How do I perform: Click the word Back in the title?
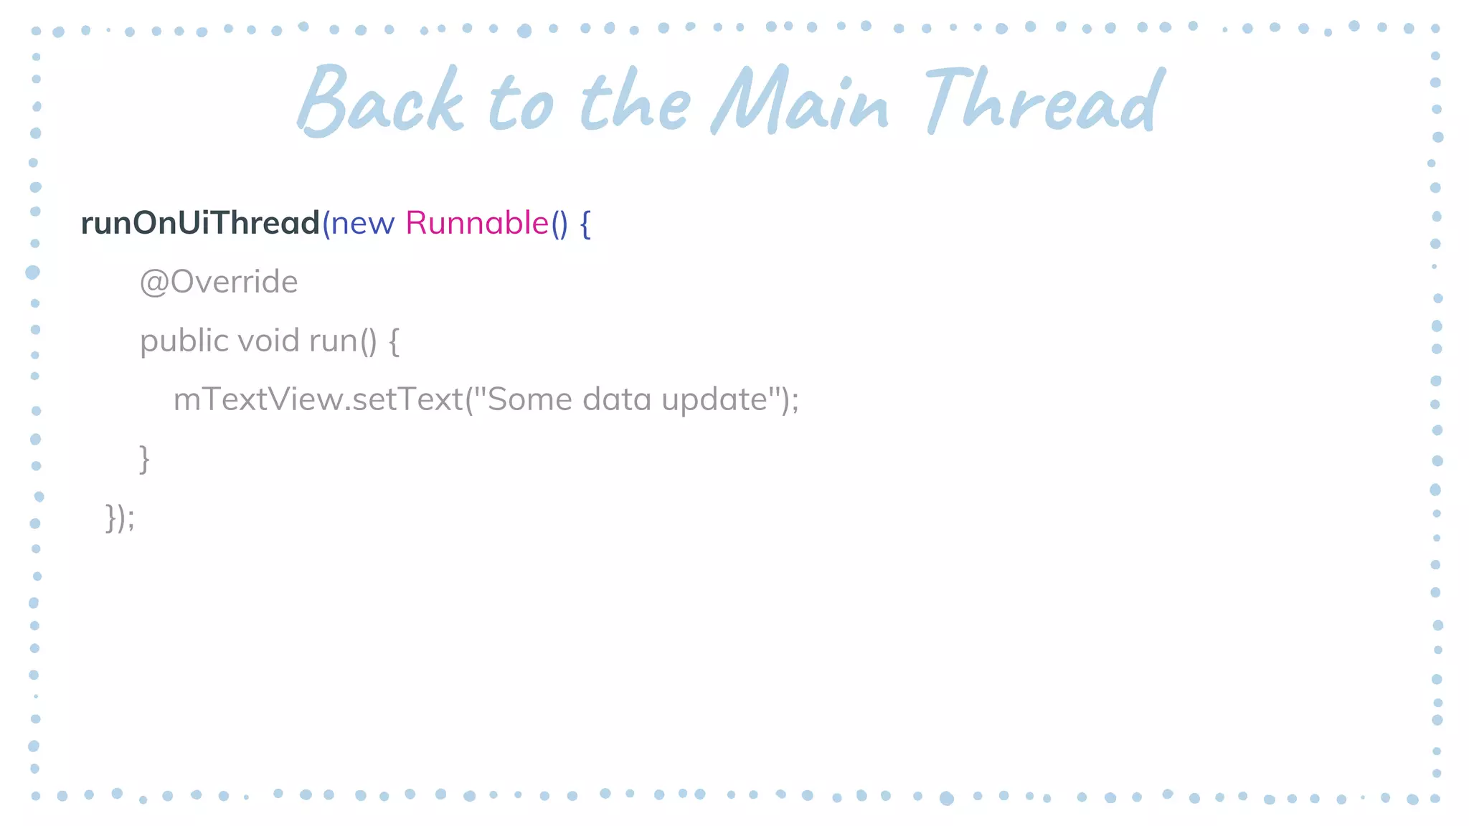coord(380,100)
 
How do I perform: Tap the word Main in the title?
coord(800,100)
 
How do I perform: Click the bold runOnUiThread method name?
coord(200,223)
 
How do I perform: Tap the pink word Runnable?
coord(477,223)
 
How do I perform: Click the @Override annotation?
coord(219,282)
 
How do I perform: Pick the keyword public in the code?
coord(184,341)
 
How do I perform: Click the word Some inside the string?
coord(529,399)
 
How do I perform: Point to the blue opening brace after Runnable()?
coord(585,224)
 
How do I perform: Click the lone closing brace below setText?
coord(144,459)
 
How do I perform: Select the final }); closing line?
coord(120,518)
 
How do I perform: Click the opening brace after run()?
coord(394,341)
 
